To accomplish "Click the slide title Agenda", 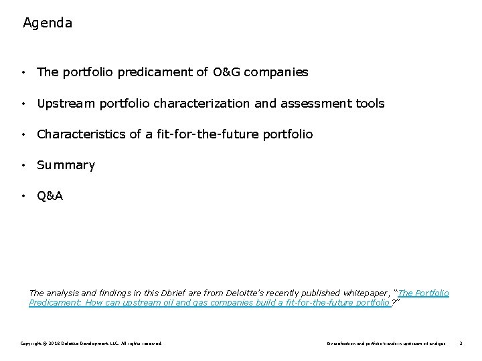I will click(x=48, y=23).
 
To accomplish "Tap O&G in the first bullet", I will click(x=227, y=72).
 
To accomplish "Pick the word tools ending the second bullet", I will click(x=370, y=104).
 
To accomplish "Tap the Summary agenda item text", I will click(x=66, y=165).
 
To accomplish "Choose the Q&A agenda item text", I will click(x=50, y=196).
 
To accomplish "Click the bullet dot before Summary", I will click(x=23, y=165).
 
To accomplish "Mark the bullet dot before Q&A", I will click(x=23, y=197).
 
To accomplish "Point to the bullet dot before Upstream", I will click(x=23, y=104).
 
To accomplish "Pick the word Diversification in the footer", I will click(x=342, y=343).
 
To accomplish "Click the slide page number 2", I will click(x=461, y=343).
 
